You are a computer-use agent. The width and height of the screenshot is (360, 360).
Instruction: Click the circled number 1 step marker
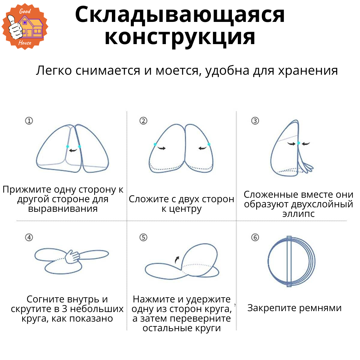[x=29, y=121]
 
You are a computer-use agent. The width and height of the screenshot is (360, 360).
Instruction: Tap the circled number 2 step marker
[x=143, y=121]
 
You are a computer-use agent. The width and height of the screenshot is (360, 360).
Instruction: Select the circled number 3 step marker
[x=255, y=121]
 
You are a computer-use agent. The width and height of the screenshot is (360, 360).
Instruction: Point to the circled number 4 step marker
[x=29, y=238]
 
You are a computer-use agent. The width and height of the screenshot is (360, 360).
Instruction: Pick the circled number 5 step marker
[x=143, y=238]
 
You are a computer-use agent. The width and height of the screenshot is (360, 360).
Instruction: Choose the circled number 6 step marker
[x=255, y=238]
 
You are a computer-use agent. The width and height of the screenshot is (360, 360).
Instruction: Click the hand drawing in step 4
[x=72, y=256]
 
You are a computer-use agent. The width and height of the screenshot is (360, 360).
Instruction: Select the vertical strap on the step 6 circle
[x=289, y=261]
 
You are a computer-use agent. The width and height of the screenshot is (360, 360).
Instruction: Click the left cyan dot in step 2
[x=155, y=144]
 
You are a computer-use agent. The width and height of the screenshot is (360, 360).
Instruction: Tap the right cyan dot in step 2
[x=209, y=144]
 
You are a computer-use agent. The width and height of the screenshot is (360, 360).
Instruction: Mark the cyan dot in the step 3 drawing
[x=298, y=143]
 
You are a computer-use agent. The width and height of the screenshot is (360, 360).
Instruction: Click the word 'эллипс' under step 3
[x=298, y=214]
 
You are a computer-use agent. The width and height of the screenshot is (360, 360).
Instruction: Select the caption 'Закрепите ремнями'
[x=294, y=308]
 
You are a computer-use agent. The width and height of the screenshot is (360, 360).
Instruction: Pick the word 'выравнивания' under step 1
[x=63, y=208]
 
